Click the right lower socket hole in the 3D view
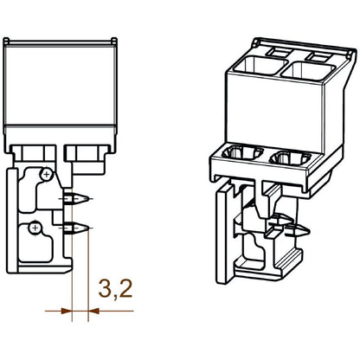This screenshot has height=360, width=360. point(289,158)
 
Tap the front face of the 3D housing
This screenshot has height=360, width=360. point(268,108)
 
